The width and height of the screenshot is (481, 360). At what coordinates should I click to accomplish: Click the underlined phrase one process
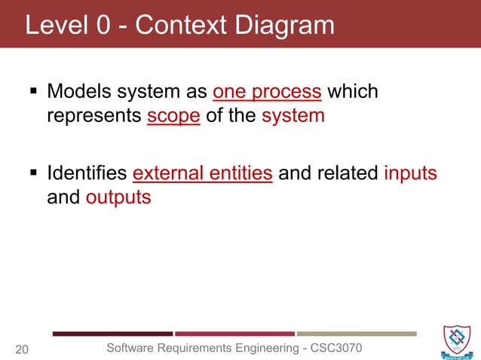(x=268, y=93)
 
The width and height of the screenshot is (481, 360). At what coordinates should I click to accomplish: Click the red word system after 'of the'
(x=293, y=117)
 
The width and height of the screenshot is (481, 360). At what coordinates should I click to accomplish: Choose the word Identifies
(x=87, y=173)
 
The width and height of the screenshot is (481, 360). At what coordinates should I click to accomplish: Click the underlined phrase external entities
(x=202, y=173)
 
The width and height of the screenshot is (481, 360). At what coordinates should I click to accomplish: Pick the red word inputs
(x=410, y=173)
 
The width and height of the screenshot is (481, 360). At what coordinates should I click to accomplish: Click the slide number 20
(x=23, y=349)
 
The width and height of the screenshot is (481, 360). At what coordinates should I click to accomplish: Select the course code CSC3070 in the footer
(x=335, y=347)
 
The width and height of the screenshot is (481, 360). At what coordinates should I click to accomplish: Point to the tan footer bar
(x=356, y=333)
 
